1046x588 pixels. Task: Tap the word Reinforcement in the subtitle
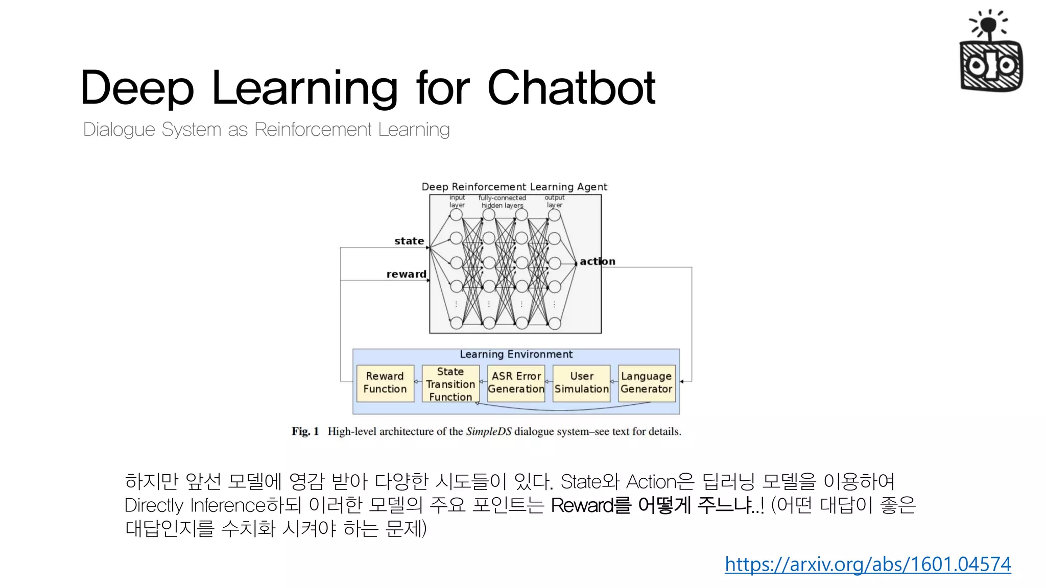pyautogui.click(x=313, y=130)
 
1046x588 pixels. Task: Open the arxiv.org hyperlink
pyautogui.click(x=867, y=564)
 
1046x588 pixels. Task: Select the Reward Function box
pyautogui.click(x=385, y=383)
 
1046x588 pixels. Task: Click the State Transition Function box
pyautogui.click(x=450, y=384)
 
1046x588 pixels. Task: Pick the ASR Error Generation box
pyautogui.click(x=516, y=383)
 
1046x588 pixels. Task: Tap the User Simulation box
pyautogui.click(x=581, y=383)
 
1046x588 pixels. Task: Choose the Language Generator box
pyautogui.click(x=646, y=383)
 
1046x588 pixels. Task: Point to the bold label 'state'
pyautogui.click(x=409, y=241)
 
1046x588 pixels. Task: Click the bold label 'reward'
pyautogui.click(x=406, y=274)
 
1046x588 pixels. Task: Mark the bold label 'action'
pyautogui.click(x=597, y=261)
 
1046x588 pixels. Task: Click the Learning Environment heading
pyautogui.click(x=516, y=354)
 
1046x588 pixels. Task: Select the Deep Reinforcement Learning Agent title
pyautogui.click(x=514, y=187)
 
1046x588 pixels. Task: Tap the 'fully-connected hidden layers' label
pyautogui.click(x=502, y=202)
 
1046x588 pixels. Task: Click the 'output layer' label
pyautogui.click(x=554, y=201)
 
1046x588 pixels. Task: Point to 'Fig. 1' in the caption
pyautogui.click(x=305, y=431)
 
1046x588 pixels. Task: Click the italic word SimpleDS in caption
pyautogui.click(x=488, y=431)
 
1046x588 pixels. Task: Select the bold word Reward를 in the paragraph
pyautogui.click(x=591, y=505)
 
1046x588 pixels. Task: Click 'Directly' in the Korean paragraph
pyautogui.click(x=154, y=505)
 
